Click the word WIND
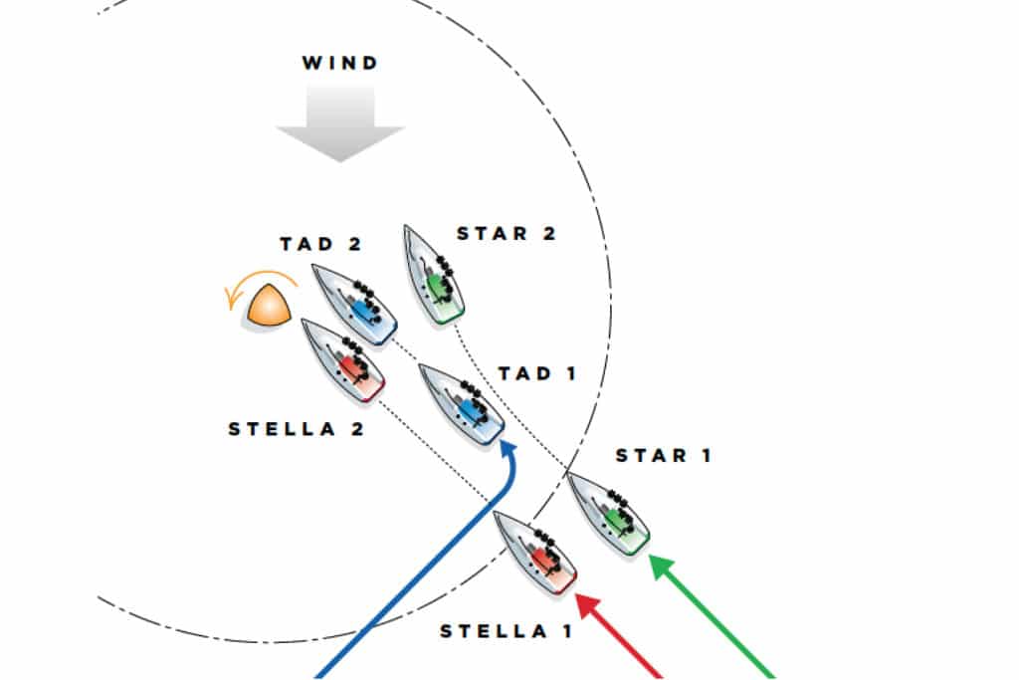pos(340,64)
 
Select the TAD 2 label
pos(320,244)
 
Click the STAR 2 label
pos(506,234)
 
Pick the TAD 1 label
pos(537,373)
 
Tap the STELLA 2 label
pos(297,429)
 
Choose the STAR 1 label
pos(664,456)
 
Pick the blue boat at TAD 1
pos(462,404)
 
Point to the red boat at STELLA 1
pos(536,552)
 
